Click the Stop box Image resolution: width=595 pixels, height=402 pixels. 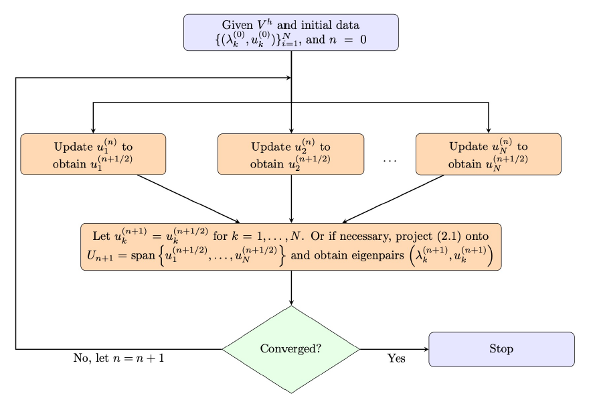501,349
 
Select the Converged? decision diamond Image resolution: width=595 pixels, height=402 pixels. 291,349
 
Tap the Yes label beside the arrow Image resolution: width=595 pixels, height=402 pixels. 396,358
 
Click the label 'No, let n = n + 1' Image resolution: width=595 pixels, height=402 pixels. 118,358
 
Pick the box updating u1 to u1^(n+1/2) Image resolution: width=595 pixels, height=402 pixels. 93,154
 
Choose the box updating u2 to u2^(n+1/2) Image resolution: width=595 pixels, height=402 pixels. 291,154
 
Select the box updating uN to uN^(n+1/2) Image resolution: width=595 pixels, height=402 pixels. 488,154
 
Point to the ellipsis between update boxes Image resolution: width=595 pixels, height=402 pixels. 390,161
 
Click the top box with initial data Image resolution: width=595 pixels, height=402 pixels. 291,32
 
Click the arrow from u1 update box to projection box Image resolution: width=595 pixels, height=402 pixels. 188,198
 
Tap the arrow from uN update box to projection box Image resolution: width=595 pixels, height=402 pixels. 394,198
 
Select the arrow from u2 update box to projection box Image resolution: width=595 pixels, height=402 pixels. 291,198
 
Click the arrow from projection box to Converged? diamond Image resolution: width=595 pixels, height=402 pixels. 291,288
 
